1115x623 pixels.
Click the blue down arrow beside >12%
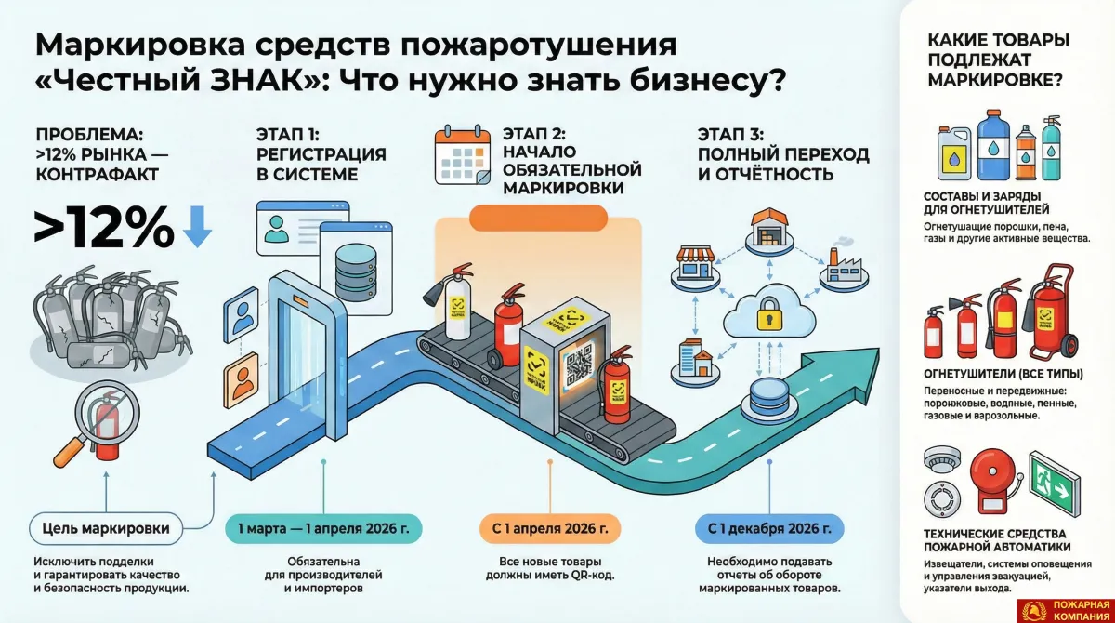click(196, 226)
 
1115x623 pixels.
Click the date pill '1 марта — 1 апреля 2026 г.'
click(323, 530)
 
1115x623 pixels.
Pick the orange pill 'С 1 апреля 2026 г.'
click(551, 530)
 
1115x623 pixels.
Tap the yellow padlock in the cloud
click(768, 315)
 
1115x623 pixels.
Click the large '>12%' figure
click(103, 226)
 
